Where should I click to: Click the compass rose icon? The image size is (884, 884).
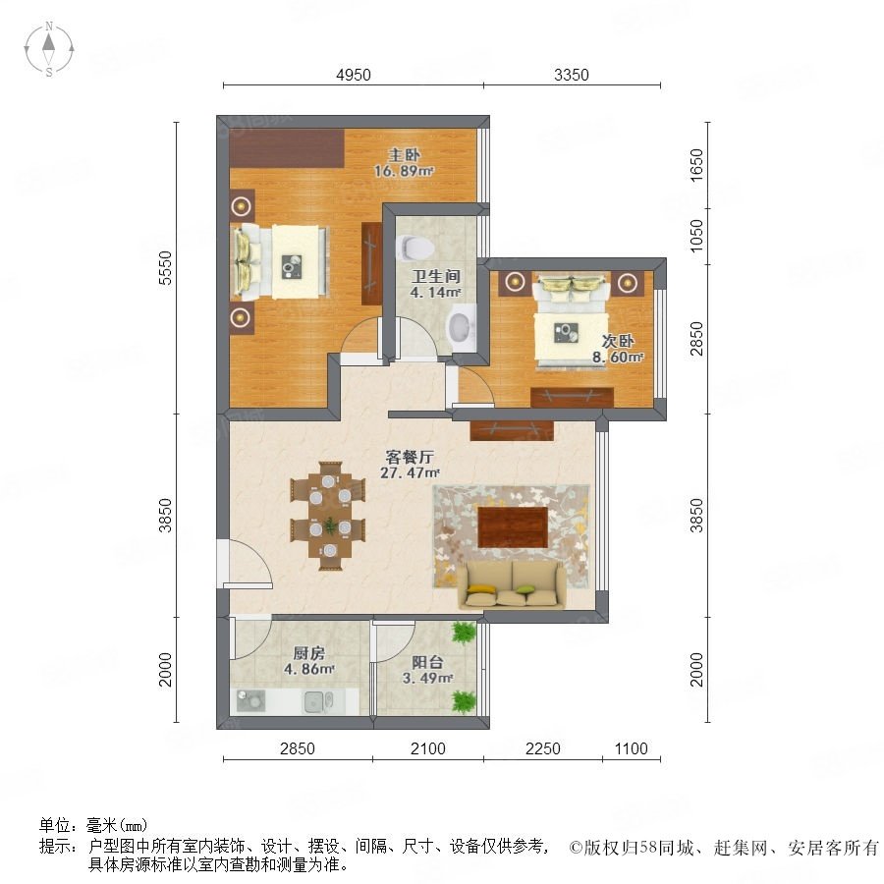coord(49,48)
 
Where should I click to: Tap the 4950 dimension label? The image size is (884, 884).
coord(354,75)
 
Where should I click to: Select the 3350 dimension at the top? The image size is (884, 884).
coord(571,75)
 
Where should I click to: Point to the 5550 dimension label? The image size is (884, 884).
coord(165,268)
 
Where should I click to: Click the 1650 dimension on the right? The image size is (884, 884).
coord(696,165)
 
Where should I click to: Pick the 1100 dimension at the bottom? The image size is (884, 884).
coord(631,748)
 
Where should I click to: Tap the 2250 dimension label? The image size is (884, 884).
coord(543,748)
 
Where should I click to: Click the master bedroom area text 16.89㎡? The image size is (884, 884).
coord(405,171)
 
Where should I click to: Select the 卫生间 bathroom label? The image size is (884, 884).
coord(436,276)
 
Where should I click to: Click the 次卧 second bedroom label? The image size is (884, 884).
coord(618,341)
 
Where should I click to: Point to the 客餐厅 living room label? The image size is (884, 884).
coord(410,457)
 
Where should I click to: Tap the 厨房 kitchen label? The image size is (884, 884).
coord(309,654)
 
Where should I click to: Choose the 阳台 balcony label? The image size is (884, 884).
coord(427,662)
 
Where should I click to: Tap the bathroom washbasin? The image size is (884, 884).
coord(463,326)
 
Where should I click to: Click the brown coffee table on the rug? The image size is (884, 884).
coord(513,527)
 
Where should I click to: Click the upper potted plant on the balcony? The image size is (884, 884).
coord(464,633)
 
